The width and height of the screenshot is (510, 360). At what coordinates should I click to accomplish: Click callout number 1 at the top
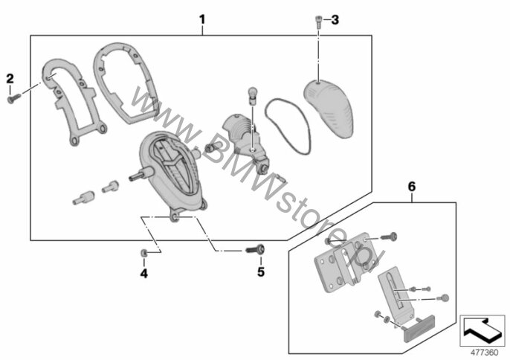pyautogui.click(x=202, y=20)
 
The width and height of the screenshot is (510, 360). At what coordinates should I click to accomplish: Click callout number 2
pyautogui.click(x=10, y=79)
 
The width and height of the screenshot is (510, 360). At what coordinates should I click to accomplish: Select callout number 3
pyautogui.click(x=335, y=20)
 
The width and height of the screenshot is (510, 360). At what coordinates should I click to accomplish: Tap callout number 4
pyautogui.click(x=144, y=274)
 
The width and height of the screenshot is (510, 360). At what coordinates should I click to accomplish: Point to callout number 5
pyautogui.click(x=261, y=271)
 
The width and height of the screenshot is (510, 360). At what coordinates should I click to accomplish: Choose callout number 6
pyautogui.click(x=412, y=187)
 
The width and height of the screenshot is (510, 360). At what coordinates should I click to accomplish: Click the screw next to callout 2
pyautogui.click(x=14, y=98)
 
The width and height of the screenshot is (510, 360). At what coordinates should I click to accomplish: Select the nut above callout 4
pyautogui.click(x=143, y=253)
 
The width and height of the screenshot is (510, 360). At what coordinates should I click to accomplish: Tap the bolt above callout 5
pyautogui.click(x=255, y=250)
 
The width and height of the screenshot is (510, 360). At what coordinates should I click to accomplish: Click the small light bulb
pyautogui.click(x=253, y=95)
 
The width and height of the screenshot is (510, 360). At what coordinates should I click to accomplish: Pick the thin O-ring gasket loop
pyautogui.click(x=287, y=126)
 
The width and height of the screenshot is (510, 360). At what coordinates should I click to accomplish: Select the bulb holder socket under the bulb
pyautogui.click(x=245, y=140)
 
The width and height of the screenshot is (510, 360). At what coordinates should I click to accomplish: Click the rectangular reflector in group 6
pyautogui.click(x=419, y=328)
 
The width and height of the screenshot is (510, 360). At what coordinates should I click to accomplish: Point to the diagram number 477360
pyautogui.click(x=484, y=353)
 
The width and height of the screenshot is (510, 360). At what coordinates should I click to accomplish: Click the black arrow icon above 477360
pyautogui.click(x=482, y=330)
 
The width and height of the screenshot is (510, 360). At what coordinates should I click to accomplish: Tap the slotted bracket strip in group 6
pyautogui.click(x=396, y=294)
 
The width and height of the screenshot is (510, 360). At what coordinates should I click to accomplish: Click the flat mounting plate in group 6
pyautogui.click(x=345, y=263)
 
